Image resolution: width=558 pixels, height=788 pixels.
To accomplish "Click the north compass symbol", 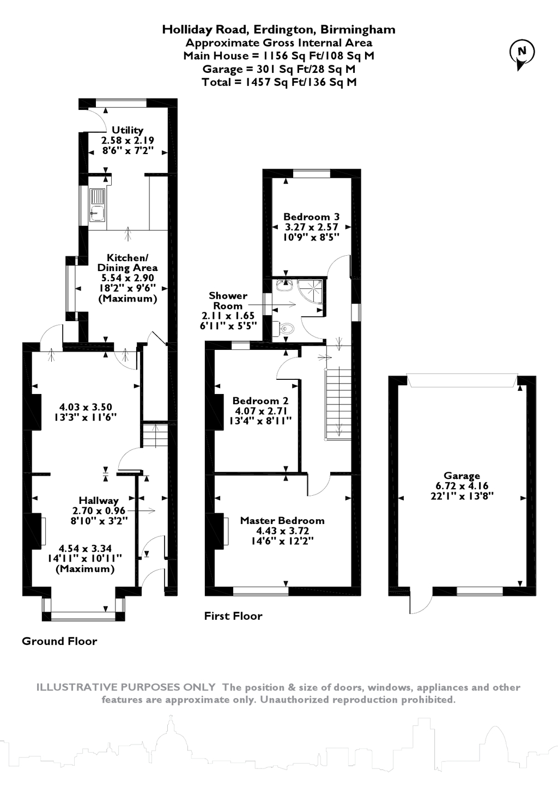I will pos(521,53).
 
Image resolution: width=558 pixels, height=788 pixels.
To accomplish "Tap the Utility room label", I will pos(128,130).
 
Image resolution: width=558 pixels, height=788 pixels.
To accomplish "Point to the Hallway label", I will pos(99,500).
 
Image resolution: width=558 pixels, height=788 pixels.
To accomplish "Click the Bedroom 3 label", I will pos(311,217).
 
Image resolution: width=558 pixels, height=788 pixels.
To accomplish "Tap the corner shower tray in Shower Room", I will pos(312,294).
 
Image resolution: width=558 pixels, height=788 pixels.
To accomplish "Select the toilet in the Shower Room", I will pos(285,328).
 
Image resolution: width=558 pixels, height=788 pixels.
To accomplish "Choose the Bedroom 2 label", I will pos(260,401).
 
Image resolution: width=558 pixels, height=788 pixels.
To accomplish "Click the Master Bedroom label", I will pos(282,520).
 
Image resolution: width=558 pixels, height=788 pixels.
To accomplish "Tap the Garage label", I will pos(462,475).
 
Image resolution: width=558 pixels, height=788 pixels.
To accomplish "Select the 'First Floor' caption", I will pos(233,616).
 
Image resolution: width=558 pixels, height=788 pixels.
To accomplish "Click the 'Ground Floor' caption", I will pos(59,641).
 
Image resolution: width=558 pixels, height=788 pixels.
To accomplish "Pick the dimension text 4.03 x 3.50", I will pos(86,407).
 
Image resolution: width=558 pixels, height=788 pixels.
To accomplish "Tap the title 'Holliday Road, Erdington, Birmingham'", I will pos(278,29).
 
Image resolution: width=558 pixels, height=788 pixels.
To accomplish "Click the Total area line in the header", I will pos(278,82).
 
